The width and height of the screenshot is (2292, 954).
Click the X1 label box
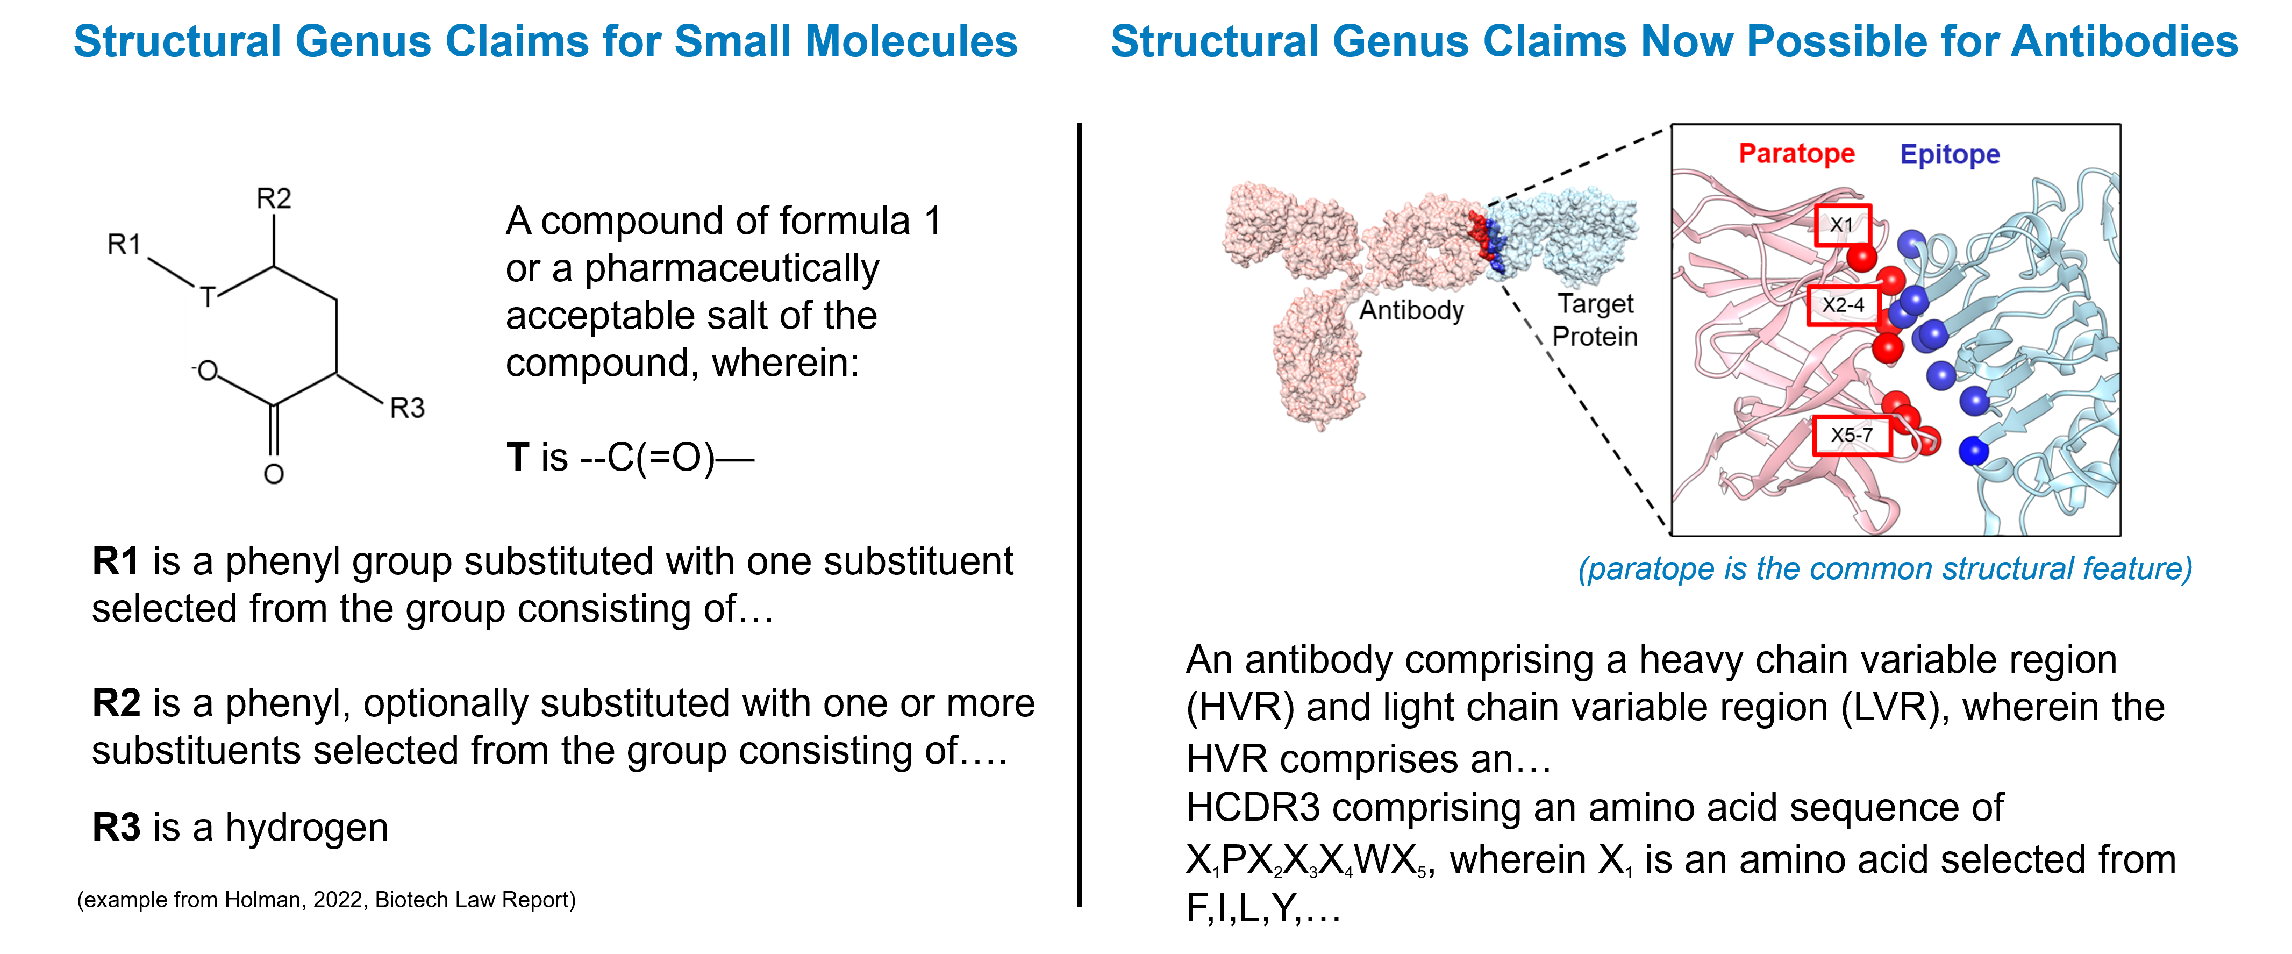coord(1843,226)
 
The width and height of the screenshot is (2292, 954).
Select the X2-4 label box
coord(1843,305)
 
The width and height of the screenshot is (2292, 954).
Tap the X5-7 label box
coord(1852,435)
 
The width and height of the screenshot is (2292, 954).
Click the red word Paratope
coord(1796,154)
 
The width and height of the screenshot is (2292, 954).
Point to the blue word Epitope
coord(1950,155)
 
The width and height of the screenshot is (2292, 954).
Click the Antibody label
coord(1411,311)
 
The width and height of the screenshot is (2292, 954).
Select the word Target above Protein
coord(1595,304)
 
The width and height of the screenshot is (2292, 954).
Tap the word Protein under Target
coord(1595,337)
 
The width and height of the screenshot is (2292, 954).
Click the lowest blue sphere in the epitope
coord(1974,451)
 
